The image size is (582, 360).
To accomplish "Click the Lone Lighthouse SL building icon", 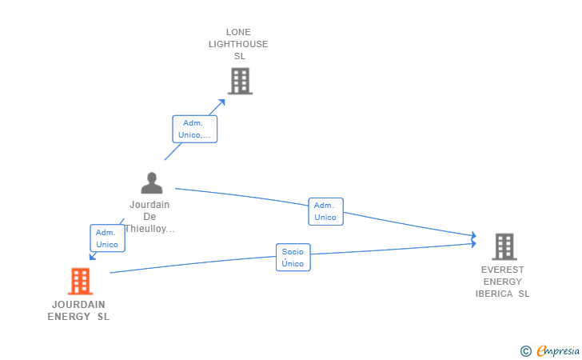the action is point(240,81).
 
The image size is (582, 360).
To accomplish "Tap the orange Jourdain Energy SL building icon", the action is point(80,282).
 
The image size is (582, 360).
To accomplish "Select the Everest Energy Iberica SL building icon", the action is point(504,246).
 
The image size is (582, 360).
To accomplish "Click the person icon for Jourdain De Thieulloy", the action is point(151,182).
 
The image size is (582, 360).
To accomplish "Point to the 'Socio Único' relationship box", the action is point(293,258).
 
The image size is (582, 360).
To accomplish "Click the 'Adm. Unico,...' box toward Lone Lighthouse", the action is point(194,129).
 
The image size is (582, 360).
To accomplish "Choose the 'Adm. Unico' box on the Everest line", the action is point(325,211).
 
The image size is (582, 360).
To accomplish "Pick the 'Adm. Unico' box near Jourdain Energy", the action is point(107,238).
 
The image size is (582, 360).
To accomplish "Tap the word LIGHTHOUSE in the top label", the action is point(238,44).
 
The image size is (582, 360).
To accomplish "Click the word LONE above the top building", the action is point(238,32).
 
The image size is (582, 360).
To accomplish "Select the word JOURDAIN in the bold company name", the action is point(78,305).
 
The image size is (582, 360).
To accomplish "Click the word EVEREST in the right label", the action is point(503,270).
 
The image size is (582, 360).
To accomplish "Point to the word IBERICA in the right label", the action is point(494,294).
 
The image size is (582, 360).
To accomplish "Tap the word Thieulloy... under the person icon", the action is point(149,229).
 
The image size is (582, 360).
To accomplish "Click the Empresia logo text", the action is point(558,350).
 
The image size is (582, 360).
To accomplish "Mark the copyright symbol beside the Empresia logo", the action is point(525,351).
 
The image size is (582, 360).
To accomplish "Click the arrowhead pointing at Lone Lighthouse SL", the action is point(221,102).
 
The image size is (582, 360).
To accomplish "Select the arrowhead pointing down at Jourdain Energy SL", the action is point(93,256).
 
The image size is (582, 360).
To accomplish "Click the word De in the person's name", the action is point(149,217).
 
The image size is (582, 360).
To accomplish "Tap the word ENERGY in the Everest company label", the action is point(503,282).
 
